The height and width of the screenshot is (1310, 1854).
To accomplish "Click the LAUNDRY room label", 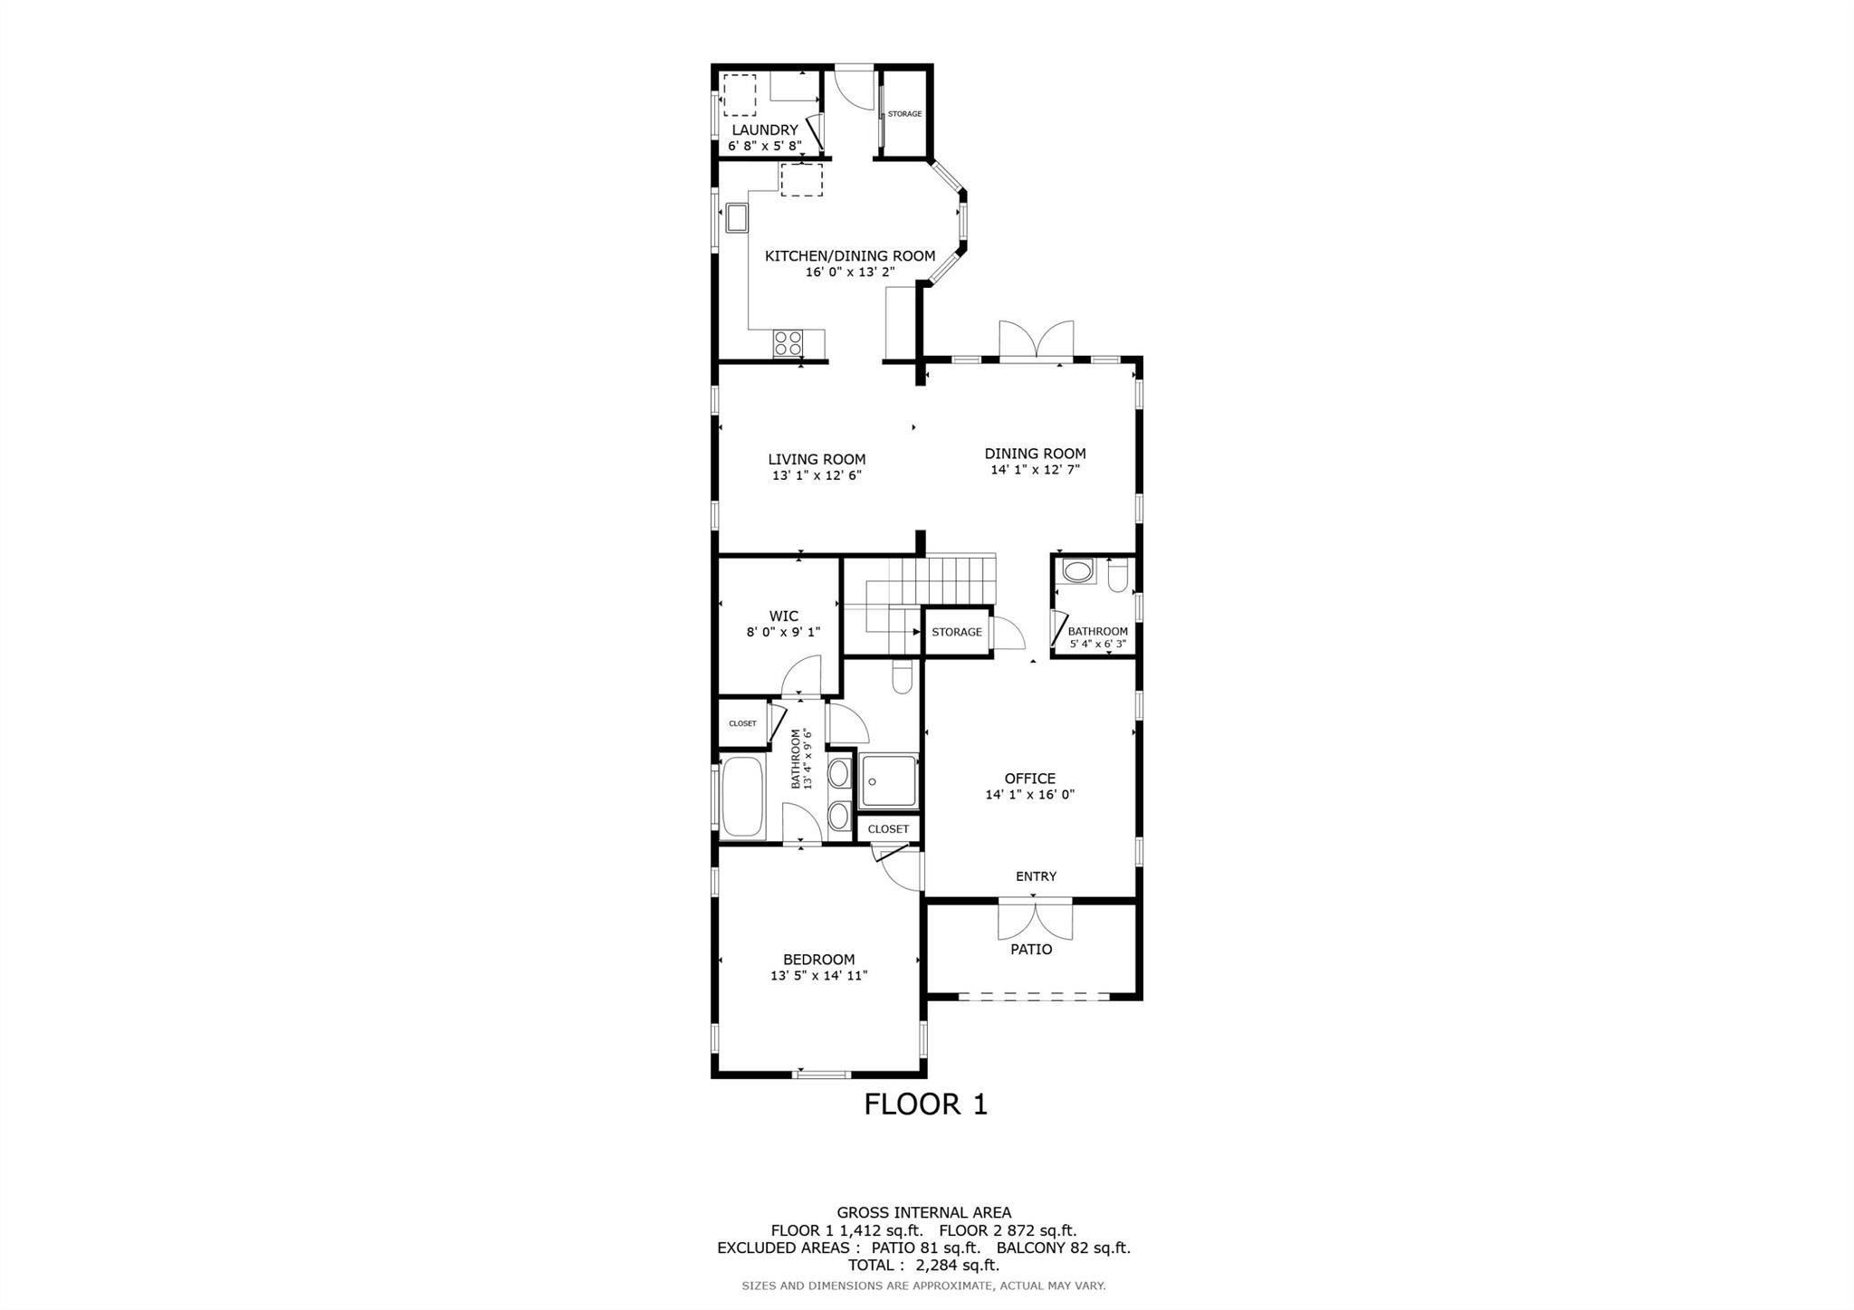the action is tap(765, 130).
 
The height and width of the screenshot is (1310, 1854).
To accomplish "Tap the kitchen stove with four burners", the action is tap(788, 343).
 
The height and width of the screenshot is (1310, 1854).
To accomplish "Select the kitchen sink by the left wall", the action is tap(737, 218).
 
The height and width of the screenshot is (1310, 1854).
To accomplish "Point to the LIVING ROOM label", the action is tap(817, 459).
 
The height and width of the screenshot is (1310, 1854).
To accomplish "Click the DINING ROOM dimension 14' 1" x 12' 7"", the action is tap(1036, 470).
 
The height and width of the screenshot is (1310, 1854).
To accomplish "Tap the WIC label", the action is tap(784, 617).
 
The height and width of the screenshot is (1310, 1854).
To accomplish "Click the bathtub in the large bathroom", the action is tap(742, 798).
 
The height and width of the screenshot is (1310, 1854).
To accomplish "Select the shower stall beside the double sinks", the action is tap(888, 780).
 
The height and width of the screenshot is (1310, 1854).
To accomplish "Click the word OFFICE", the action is tap(1030, 779).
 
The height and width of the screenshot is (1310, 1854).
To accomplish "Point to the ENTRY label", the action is tap(1036, 876).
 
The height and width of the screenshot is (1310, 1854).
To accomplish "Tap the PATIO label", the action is tap(1031, 950).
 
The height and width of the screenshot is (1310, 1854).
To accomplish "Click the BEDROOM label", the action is tap(818, 960).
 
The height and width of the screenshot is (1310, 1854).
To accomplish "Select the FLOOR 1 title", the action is tap(925, 1104).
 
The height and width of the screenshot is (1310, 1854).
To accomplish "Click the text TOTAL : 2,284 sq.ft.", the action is tap(923, 1265).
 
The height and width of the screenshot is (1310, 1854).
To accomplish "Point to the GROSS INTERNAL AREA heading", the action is tap(923, 1213).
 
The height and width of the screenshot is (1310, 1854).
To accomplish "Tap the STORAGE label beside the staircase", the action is tap(957, 632).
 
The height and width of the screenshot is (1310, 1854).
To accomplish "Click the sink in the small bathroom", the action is tap(1078, 571).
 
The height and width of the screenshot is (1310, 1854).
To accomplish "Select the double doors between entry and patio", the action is tap(1036, 918).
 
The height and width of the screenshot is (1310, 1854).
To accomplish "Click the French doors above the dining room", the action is tap(1037, 341).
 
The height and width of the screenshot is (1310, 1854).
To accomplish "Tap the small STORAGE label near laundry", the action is tap(904, 114).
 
